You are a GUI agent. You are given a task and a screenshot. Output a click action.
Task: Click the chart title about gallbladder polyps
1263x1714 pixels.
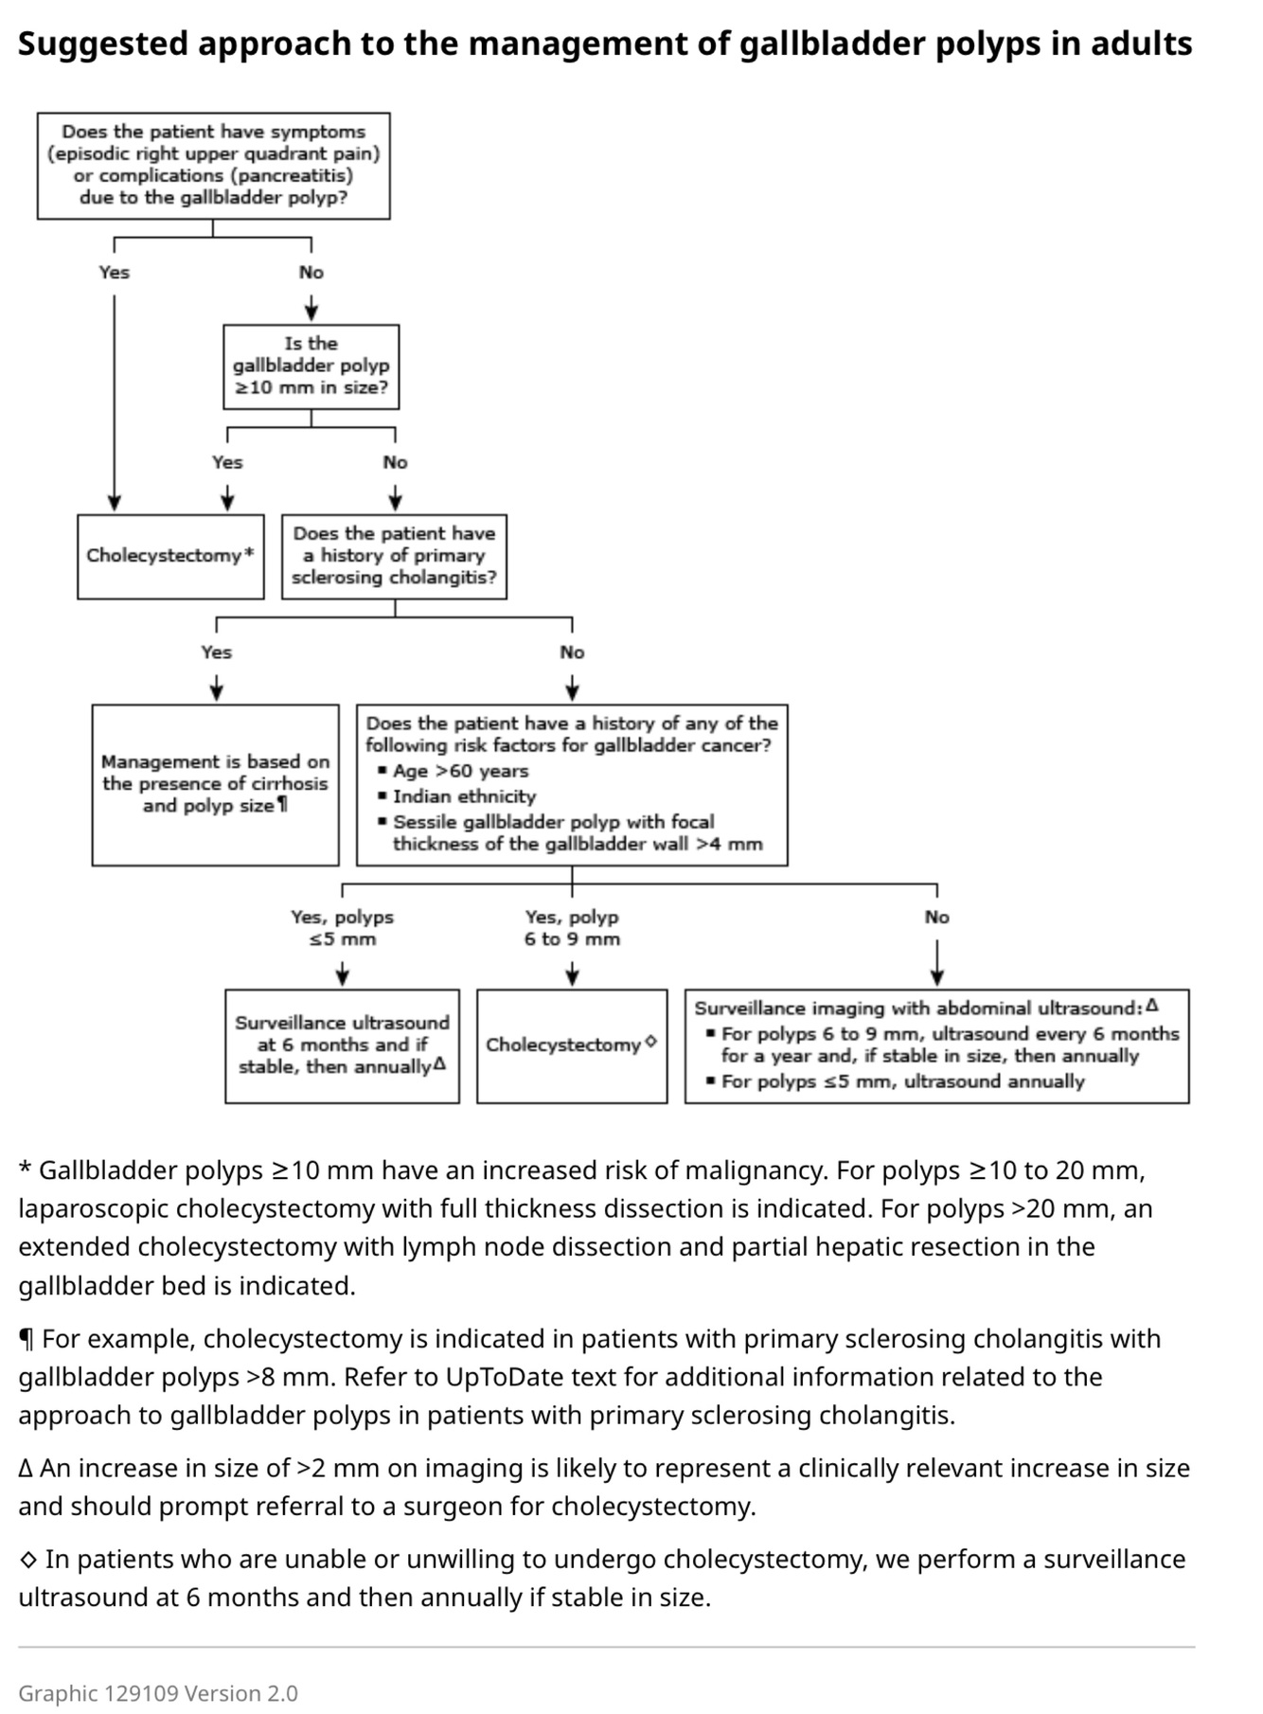point(604,45)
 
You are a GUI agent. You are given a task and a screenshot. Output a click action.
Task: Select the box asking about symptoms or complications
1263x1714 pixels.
point(213,166)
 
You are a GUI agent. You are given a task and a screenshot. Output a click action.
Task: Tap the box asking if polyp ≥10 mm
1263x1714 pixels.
point(311,366)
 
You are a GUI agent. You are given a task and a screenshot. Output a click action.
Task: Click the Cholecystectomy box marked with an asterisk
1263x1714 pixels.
point(170,556)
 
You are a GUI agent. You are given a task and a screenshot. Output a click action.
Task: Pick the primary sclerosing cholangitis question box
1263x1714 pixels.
point(394,556)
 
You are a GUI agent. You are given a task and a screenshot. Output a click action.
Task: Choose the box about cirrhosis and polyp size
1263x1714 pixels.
point(215,784)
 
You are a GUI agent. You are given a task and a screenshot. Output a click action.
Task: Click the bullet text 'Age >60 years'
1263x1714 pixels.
point(460,771)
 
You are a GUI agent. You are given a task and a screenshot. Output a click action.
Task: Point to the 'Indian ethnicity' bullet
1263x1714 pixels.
point(464,796)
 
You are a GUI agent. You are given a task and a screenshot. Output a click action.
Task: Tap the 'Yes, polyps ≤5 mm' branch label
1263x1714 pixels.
point(342,928)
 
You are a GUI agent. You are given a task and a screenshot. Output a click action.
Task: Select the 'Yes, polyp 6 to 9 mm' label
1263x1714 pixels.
point(572,928)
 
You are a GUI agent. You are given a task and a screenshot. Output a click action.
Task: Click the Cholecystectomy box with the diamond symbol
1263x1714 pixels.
point(572,1045)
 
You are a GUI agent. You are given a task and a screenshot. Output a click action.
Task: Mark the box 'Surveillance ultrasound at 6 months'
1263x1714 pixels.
point(342,1045)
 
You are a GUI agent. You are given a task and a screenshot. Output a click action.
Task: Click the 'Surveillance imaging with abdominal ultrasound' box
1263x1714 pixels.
point(936,1045)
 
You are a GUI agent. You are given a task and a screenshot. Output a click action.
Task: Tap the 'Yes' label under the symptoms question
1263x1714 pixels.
point(115,273)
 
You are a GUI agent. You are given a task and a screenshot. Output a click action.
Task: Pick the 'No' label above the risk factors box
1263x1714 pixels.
point(572,652)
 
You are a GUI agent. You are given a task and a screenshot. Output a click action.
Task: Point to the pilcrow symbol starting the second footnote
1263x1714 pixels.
point(27,1340)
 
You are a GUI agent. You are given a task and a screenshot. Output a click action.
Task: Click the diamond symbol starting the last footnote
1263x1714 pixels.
point(28,1560)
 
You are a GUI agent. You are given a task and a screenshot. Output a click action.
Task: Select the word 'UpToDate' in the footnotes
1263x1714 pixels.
point(501,1377)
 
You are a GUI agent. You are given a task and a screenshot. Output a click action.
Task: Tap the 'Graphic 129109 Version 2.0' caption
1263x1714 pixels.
point(158,1693)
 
